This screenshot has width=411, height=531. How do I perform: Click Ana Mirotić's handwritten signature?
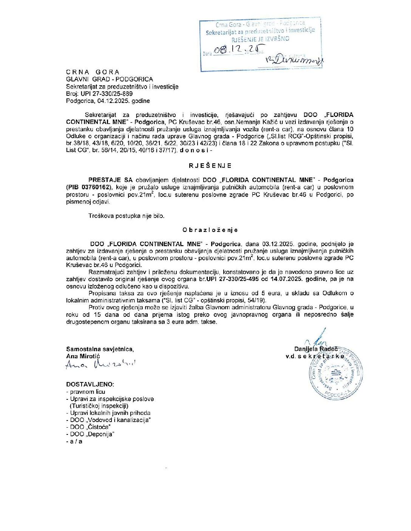pyautogui.click(x=100, y=364)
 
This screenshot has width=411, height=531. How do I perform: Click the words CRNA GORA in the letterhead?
pyautogui.click(x=93, y=72)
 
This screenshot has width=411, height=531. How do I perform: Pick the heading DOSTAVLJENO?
pyautogui.click(x=90, y=384)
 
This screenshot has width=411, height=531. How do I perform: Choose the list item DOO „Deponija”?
pyautogui.click(x=92, y=434)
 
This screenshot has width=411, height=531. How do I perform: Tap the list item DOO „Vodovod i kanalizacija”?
pyautogui.click(x=110, y=420)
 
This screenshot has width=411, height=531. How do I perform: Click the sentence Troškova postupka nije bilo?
pyautogui.click(x=127, y=216)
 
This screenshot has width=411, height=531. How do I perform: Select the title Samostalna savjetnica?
pyautogui.click(x=100, y=349)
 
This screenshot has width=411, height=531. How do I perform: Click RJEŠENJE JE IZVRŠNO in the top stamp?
pyautogui.click(x=261, y=39)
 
